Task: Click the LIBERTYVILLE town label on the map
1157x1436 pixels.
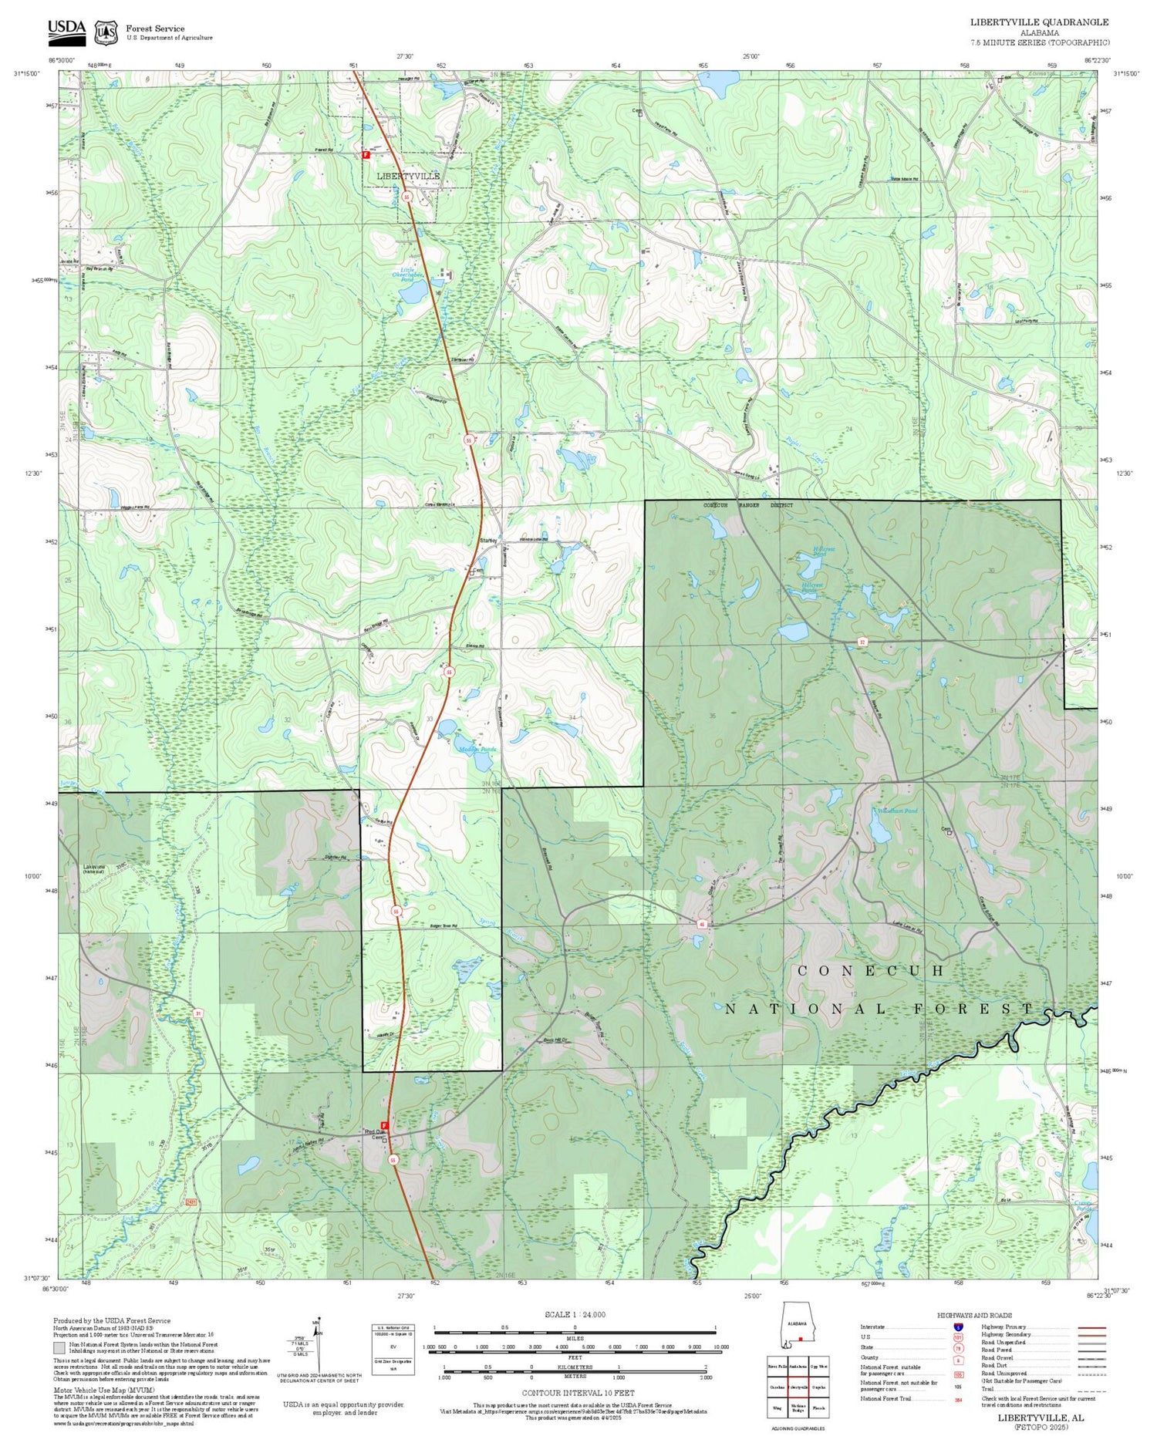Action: [x=408, y=176]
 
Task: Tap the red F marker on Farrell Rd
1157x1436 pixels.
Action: [x=366, y=154]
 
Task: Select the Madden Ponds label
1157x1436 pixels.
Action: [x=477, y=749]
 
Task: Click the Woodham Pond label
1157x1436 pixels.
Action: [x=897, y=811]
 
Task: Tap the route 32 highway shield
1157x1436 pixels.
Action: [x=862, y=642]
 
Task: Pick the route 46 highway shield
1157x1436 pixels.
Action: [x=702, y=923]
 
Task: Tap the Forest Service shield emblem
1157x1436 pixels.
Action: [x=106, y=32]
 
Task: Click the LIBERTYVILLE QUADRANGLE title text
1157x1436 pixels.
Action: [x=1039, y=22]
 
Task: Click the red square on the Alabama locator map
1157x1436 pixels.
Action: [x=801, y=1339]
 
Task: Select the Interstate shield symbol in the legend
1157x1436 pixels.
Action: [x=957, y=1327]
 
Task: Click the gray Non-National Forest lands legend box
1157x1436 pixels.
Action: [x=59, y=1348]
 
